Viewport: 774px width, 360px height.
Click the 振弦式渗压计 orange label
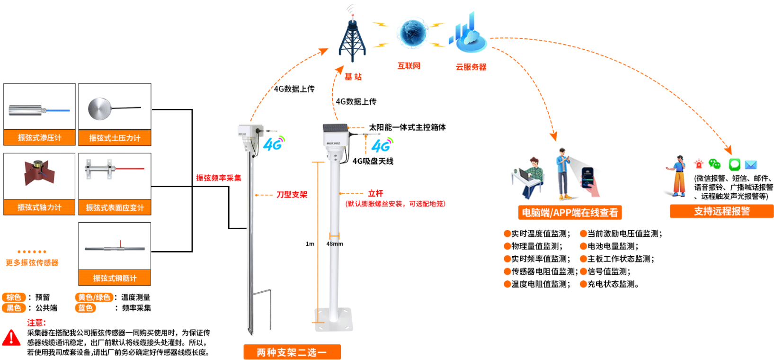coord(39,137)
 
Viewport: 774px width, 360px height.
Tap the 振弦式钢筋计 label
coord(115,278)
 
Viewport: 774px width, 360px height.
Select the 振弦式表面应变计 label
coord(115,207)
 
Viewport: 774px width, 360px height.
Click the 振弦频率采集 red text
coord(219,178)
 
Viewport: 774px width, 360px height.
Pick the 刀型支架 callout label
coord(292,195)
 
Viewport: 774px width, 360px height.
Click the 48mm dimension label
coord(335,244)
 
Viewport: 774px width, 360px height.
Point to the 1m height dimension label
coord(310,244)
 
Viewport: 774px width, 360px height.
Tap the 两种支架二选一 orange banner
coord(292,352)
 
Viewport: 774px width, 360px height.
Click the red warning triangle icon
coord(11,338)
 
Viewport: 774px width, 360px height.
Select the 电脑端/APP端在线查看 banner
coord(569,213)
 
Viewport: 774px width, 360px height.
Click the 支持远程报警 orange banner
coord(721,211)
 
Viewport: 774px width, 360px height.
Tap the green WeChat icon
coord(714,164)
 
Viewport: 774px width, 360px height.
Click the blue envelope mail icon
coord(751,165)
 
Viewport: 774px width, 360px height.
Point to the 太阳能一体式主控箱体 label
coord(407,127)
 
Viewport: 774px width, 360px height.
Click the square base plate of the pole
coord(334,320)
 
